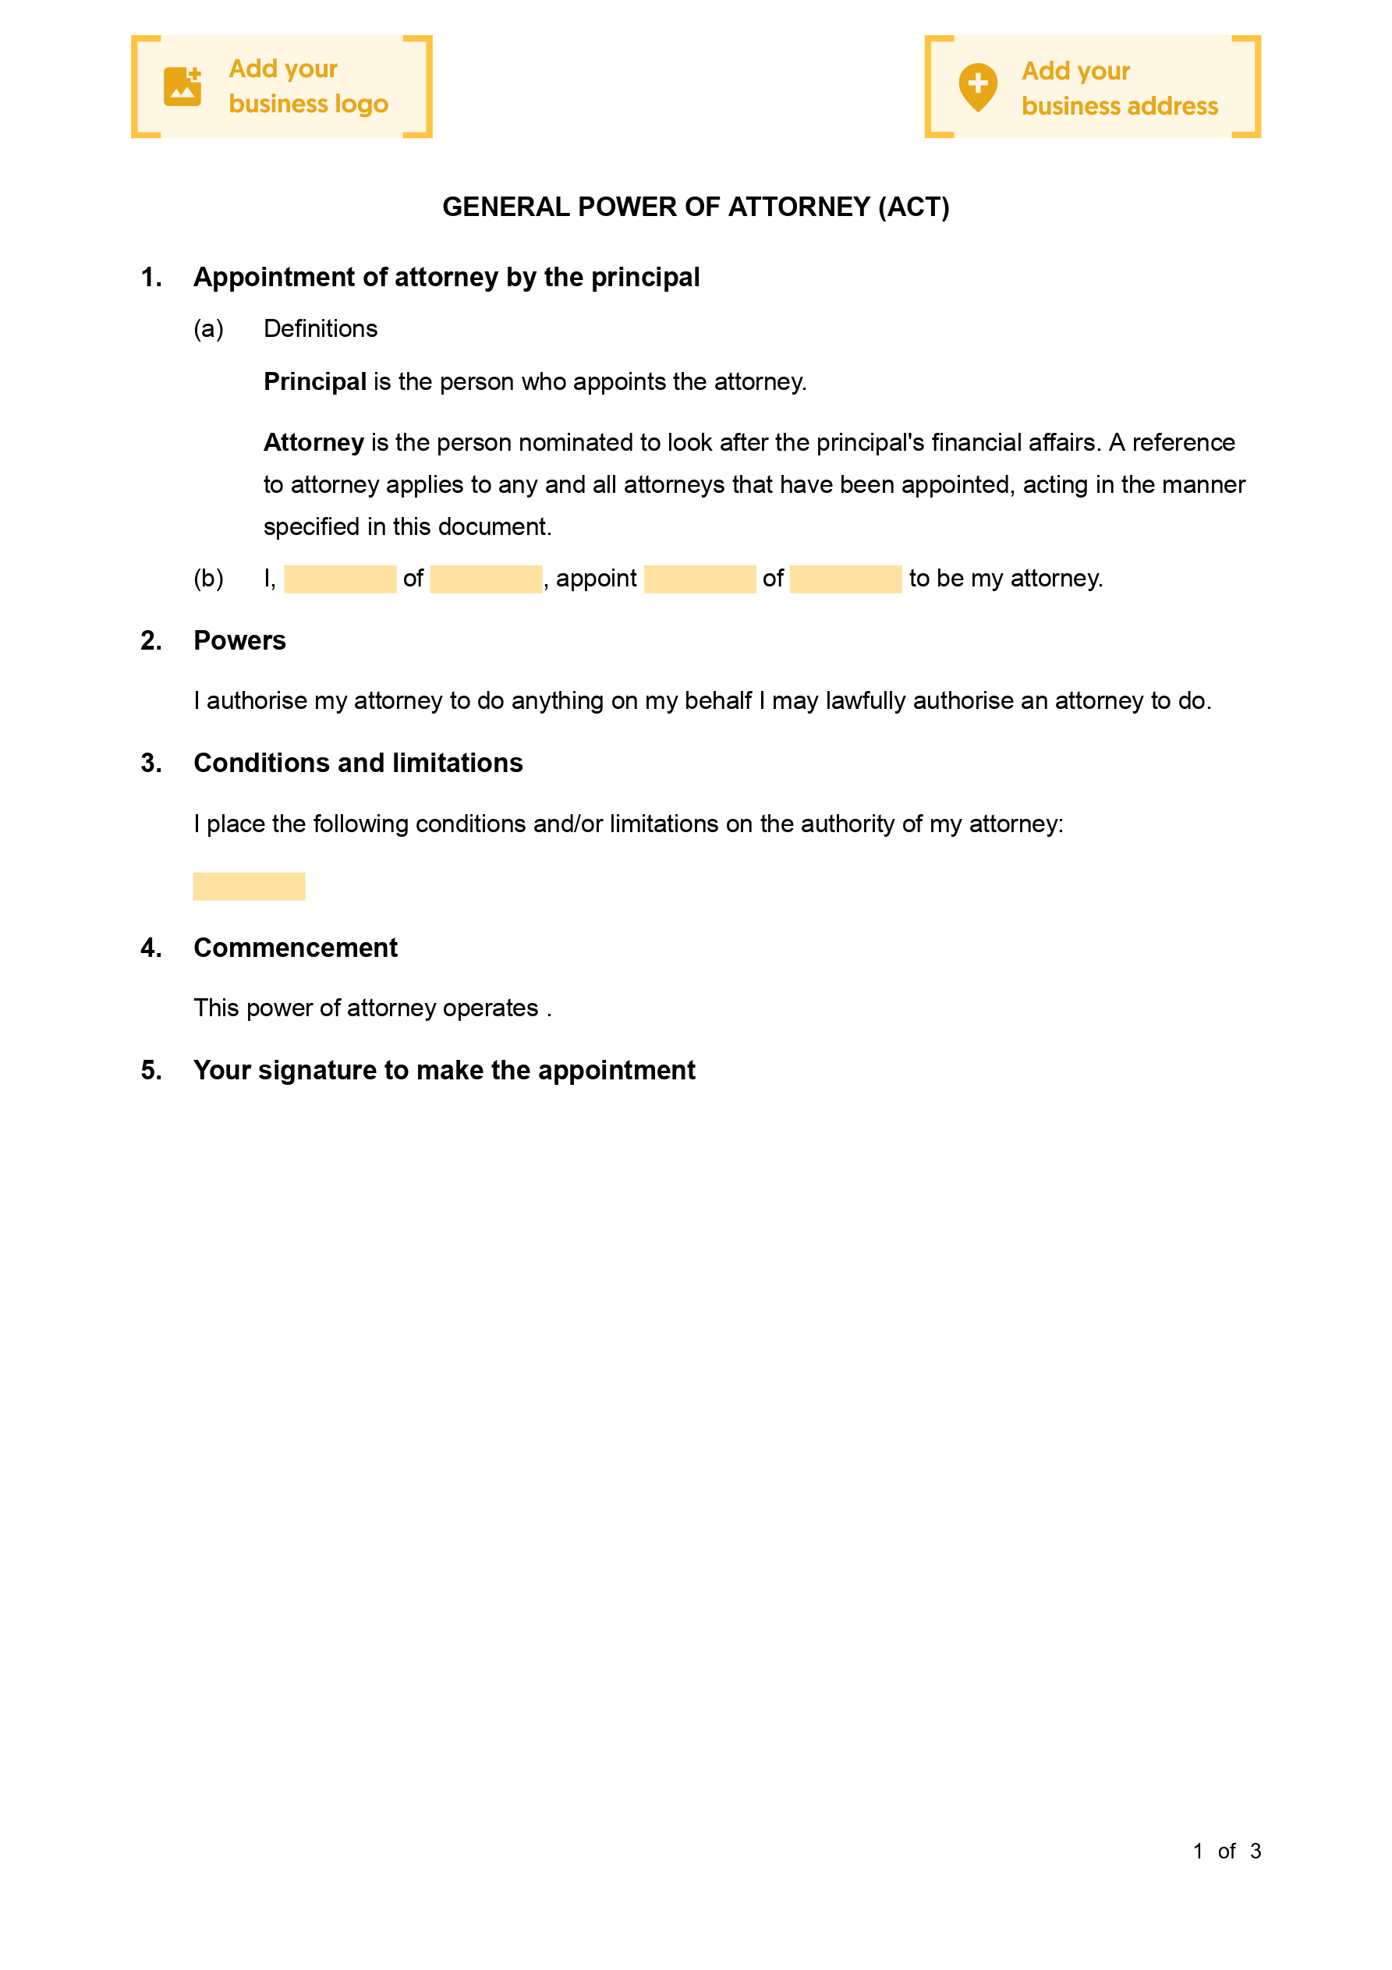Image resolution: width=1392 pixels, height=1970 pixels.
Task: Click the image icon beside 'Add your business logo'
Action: (x=182, y=87)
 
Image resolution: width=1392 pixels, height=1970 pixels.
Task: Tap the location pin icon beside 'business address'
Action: (x=977, y=87)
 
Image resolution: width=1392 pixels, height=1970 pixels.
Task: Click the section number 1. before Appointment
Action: (x=151, y=277)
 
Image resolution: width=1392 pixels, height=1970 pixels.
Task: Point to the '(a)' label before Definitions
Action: (x=208, y=328)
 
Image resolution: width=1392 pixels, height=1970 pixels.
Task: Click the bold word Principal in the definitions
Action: (x=315, y=382)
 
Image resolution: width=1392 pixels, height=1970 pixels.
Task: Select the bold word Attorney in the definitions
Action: (x=314, y=443)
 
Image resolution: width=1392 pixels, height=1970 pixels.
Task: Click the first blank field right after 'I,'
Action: (x=340, y=579)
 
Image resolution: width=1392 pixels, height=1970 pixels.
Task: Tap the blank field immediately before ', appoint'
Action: (x=486, y=579)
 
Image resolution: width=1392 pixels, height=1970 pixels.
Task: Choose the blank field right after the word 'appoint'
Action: (x=700, y=579)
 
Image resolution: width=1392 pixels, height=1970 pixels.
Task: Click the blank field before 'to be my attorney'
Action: (x=845, y=579)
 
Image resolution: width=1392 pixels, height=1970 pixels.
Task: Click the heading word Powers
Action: (x=239, y=641)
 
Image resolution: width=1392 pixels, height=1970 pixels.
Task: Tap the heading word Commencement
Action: (x=296, y=948)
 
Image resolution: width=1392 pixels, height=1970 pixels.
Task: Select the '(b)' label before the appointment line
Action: (x=208, y=579)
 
